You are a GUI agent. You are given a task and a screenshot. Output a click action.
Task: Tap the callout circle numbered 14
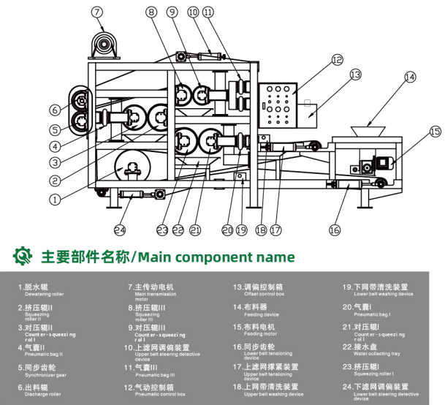(x=410, y=76)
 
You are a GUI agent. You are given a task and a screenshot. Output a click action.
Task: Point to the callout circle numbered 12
(x=336, y=60)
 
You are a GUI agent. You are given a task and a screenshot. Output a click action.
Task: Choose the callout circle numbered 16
(x=334, y=230)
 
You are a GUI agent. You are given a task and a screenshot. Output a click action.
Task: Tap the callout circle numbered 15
(x=436, y=131)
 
